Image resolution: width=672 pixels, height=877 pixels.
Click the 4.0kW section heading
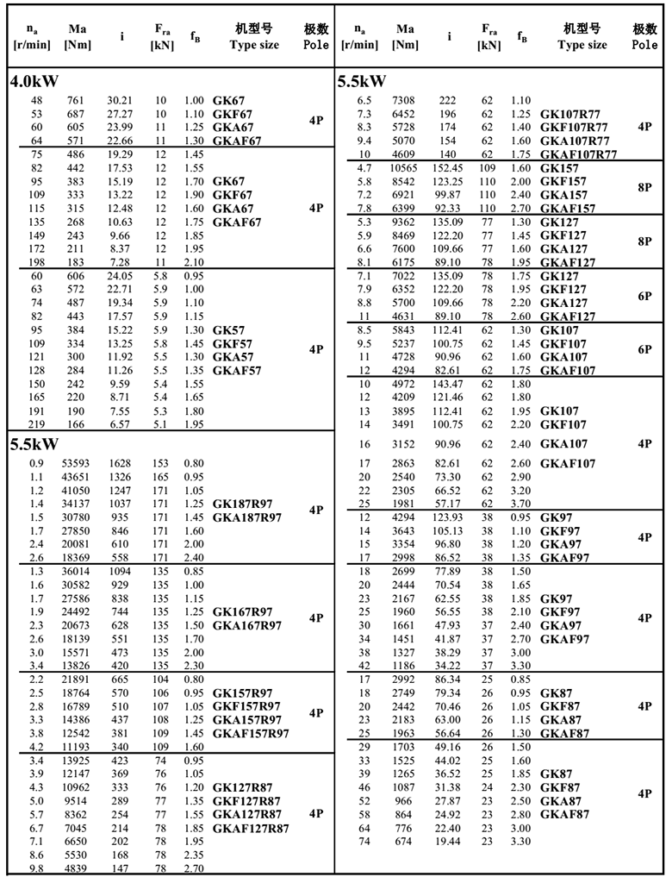pyautogui.click(x=35, y=84)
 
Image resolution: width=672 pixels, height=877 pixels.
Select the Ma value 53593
pyautogui.click(x=75, y=463)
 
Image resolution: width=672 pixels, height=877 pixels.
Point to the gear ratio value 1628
pyautogui.click(x=118, y=463)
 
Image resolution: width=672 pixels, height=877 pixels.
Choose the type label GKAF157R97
pyautogui.click(x=251, y=733)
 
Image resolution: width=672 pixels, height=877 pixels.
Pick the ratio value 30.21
pyautogui.click(x=118, y=101)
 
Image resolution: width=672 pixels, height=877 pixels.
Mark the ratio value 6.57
pyautogui.click(x=118, y=424)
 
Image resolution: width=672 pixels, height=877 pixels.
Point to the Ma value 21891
pyautogui.click(x=75, y=680)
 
